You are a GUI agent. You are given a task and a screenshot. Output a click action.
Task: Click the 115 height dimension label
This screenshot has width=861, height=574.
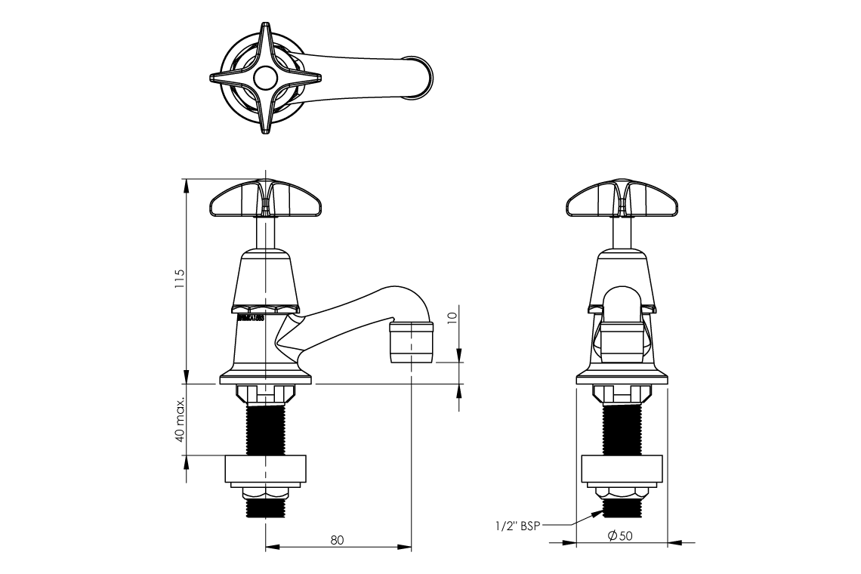click(x=179, y=282)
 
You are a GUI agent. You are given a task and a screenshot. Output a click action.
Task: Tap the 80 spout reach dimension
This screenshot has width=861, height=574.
click(x=337, y=539)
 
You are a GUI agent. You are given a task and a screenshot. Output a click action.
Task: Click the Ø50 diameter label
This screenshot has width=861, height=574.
click(x=620, y=535)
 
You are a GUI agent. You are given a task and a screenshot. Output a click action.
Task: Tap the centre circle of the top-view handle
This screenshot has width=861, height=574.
click(x=265, y=78)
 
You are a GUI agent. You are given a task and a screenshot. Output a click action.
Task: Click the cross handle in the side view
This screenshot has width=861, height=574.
click(x=265, y=199)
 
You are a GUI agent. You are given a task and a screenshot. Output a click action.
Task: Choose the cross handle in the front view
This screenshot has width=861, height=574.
click(x=622, y=199)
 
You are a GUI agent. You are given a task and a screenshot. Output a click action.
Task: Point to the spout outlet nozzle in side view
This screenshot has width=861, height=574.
click(x=412, y=341)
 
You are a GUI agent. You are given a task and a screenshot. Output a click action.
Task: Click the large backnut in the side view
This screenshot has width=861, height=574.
click(x=265, y=469)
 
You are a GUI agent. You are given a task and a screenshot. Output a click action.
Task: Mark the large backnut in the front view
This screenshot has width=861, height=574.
click(x=622, y=469)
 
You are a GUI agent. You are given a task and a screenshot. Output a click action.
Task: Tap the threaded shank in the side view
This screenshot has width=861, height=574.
click(x=265, y=428)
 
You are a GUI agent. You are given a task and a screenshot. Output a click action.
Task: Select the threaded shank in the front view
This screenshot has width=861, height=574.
click(x=622, y=428)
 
